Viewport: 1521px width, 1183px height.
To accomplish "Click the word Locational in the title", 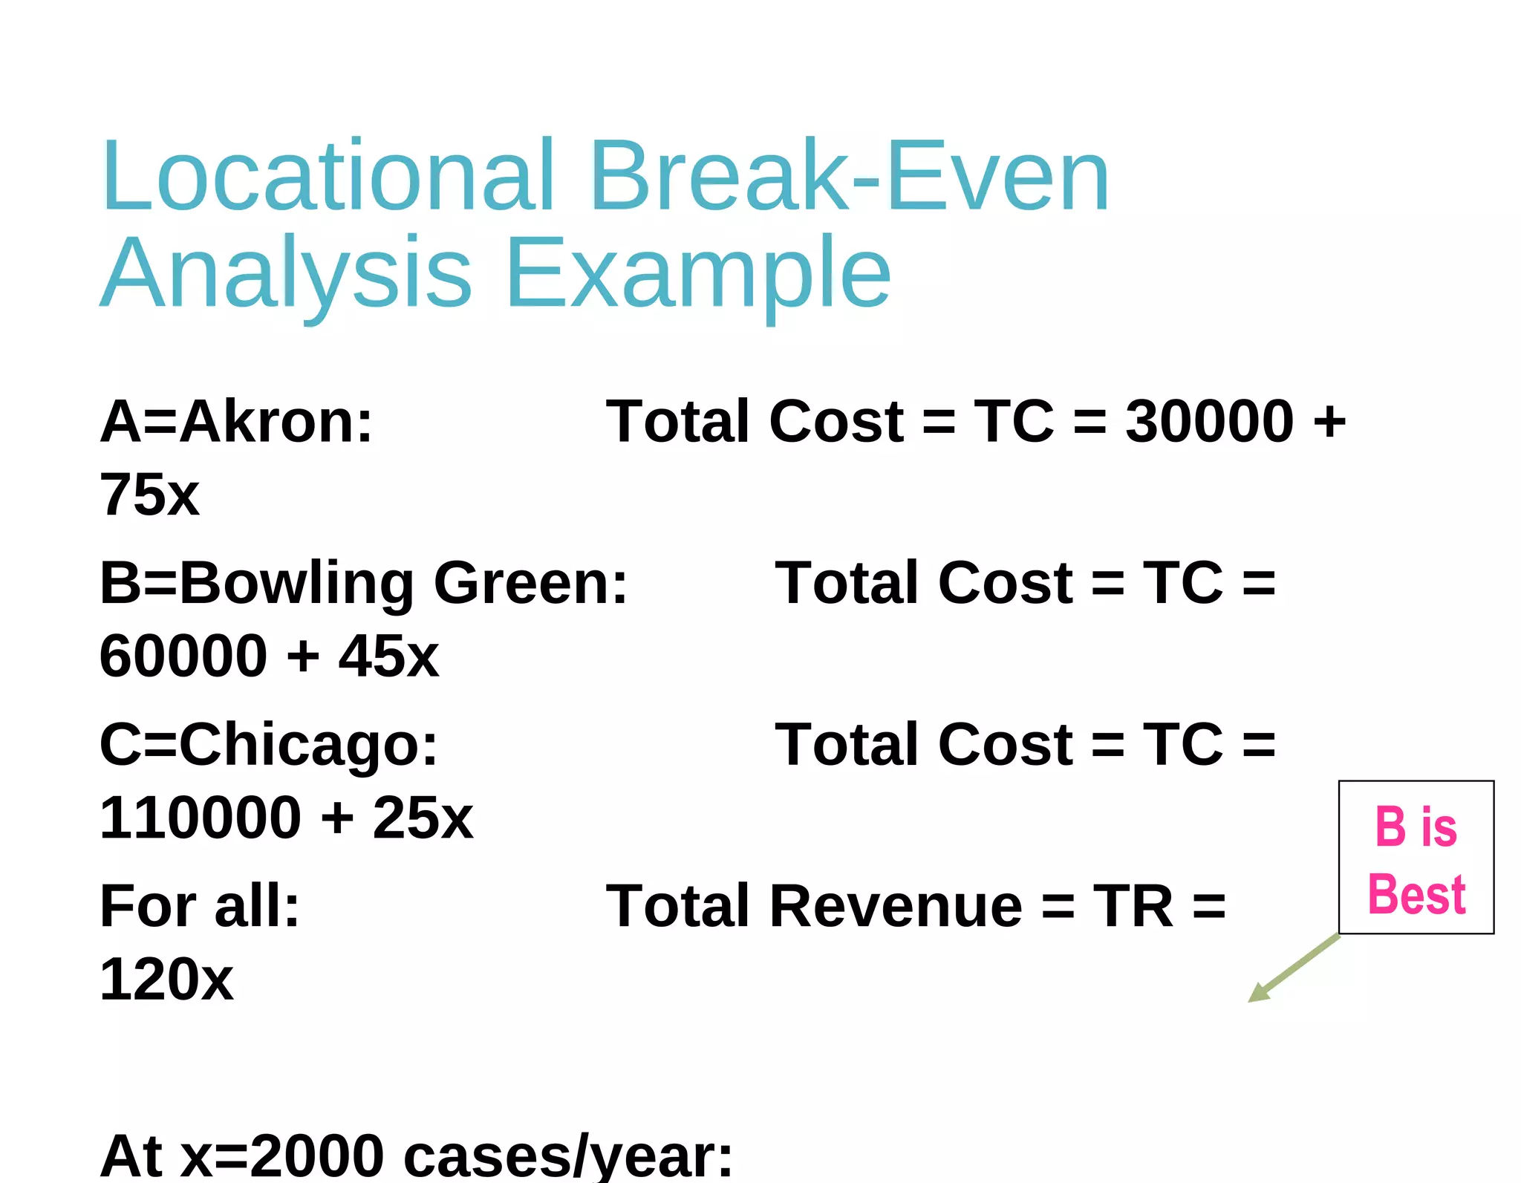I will tap(328, 177).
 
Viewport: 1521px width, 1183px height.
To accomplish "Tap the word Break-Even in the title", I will tap(850, 177).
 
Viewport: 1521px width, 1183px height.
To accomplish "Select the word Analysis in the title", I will tap(286, 273).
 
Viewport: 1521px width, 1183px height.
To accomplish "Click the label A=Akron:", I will tap(236, 421).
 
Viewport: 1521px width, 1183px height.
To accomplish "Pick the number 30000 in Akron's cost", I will tap(1210, 421).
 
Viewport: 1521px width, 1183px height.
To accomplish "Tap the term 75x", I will tap(149, 495).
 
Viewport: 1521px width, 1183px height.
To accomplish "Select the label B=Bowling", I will tap(257, 583).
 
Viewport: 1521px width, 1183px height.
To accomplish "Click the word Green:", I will tap(530, 583).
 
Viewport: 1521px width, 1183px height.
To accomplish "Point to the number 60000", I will tap(183, 656).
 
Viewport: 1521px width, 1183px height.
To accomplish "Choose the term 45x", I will tap(388, 656).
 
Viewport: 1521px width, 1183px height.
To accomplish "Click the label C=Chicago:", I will tap(269, 744).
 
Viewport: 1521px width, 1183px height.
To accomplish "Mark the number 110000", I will tap(201, 818).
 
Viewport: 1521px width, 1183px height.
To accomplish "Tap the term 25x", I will tap(423, 818).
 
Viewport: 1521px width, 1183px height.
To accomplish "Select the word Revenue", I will tap(896, 906).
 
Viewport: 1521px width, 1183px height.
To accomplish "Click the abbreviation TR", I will tap(1133, 906).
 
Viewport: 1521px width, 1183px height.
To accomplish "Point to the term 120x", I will tap(166, 980).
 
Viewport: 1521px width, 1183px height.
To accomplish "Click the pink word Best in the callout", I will tap(1416, 894).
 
